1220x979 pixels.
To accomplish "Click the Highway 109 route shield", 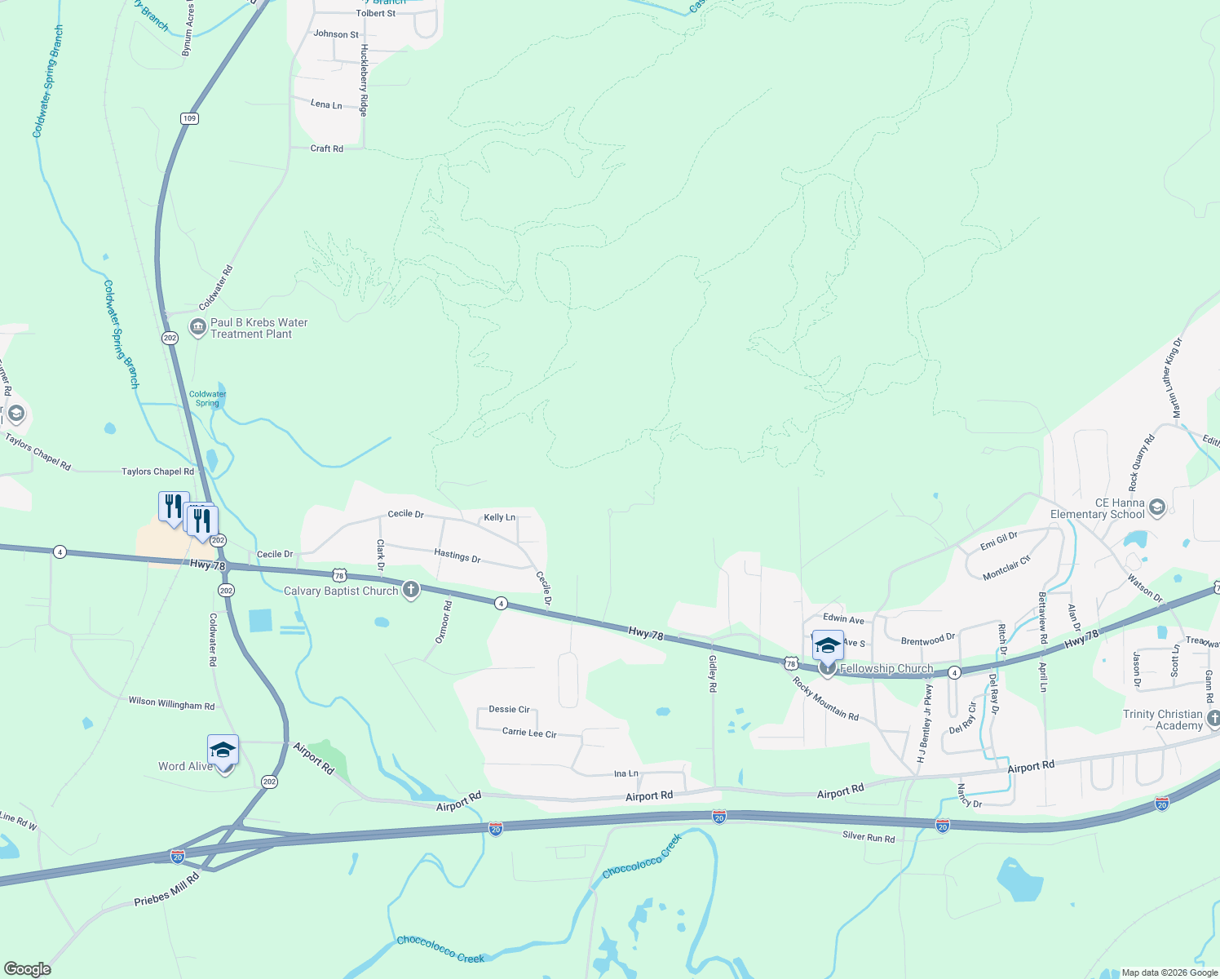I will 189,118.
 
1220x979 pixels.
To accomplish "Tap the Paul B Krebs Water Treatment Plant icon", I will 197,328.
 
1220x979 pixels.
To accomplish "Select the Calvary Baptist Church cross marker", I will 411,590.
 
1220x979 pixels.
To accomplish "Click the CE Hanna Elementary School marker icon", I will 1156,509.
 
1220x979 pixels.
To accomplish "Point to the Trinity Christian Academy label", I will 1163,720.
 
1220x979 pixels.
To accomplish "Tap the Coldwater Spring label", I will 207,398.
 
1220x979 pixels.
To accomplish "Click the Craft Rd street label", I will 326,148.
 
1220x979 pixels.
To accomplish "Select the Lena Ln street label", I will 326,104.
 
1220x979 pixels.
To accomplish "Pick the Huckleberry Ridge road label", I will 364,80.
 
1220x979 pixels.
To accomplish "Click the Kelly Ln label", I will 499,517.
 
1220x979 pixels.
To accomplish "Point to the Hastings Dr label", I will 457,556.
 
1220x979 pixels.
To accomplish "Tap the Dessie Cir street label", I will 509,709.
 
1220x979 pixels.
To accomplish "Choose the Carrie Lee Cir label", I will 529,733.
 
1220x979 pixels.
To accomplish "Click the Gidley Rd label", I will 712,673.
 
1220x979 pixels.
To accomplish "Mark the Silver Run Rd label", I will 869,837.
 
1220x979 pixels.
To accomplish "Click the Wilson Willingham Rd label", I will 171,703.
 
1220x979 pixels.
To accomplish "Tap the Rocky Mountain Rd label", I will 825,698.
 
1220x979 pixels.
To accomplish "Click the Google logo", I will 28,969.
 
